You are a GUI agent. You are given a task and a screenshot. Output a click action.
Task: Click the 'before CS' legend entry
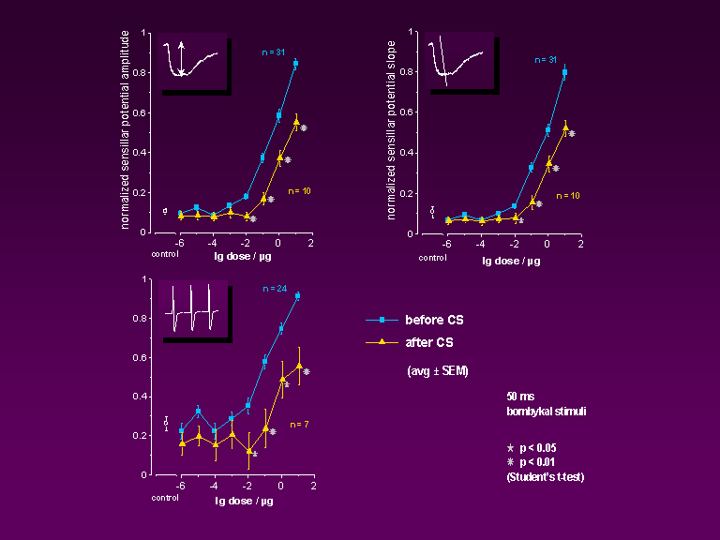[x=434, y=321]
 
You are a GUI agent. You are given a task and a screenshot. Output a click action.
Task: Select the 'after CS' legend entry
[x=431, y=343]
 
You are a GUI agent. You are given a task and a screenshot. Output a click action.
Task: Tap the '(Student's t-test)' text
[x=544, y=477]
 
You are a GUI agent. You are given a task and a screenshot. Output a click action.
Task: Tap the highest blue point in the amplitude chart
[x=295, y=64]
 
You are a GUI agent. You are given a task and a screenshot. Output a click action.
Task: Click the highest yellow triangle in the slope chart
[x=565, y=127]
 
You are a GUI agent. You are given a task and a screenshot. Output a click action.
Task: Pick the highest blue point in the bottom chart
[x=297, y=295]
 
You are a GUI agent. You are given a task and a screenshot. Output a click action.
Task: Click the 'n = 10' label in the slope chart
[x=568, y=195]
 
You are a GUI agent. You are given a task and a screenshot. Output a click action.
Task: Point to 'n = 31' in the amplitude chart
[x=274, y=50]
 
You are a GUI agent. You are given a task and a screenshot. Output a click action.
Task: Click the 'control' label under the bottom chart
[x=164, y=497]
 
